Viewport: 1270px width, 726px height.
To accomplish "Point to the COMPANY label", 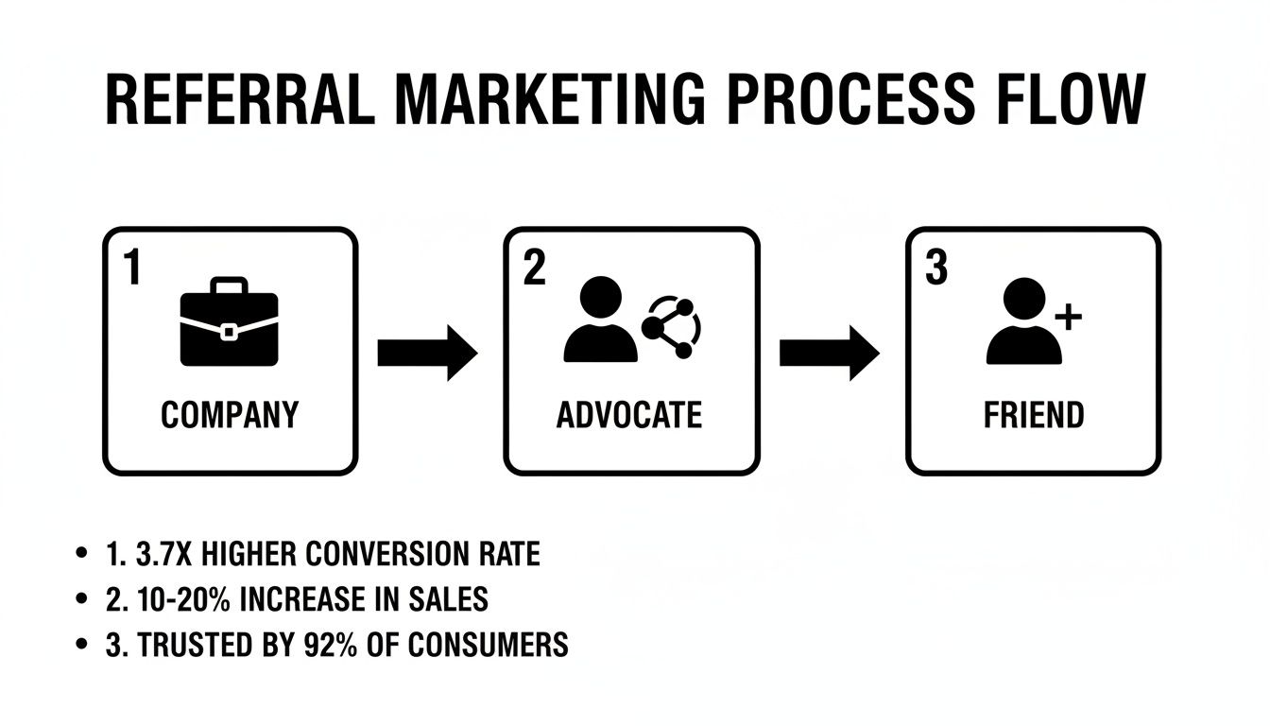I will pyautogui.click(x=230, y=415).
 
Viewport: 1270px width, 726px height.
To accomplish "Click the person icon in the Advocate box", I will pyautogui.click(x=600, y=321).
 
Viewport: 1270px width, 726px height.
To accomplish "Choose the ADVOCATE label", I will pyautogui.click(x=629, y=415).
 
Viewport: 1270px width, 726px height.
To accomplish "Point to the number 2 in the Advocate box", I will pyautogui.click(x=534, y=269).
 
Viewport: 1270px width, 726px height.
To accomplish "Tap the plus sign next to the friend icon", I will pyautogui.click(x=1067, y=319).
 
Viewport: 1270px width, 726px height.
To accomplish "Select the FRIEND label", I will pyautogui.click(x=1034, y=415).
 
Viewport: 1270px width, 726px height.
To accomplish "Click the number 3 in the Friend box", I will pyautogui.click(x=935, y=269).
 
